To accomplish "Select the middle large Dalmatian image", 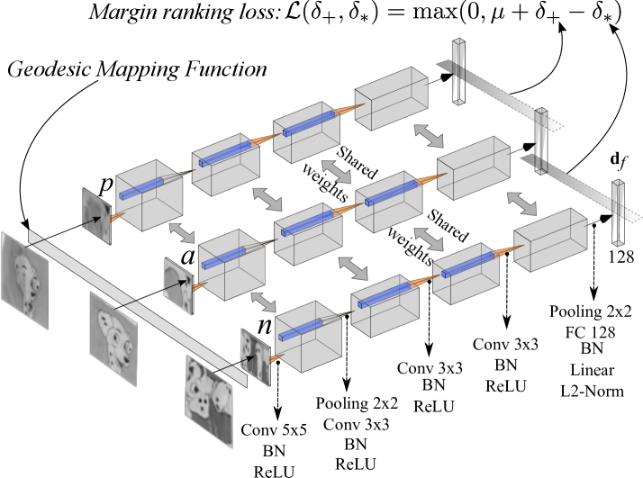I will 113,338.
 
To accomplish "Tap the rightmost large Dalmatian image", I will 208,401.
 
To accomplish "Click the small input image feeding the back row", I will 95,216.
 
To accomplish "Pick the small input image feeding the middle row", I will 177,286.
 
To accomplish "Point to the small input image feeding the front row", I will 254,356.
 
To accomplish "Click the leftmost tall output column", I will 458,72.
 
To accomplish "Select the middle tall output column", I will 540,141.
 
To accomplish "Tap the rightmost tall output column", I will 617,213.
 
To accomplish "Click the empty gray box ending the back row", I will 391,98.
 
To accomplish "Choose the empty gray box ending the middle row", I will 473,168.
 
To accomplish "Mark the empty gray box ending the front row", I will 550,239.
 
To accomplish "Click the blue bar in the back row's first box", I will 141,189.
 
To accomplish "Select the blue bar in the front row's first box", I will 300,330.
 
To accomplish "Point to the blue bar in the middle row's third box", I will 391,193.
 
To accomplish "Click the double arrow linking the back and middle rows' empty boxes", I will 429,136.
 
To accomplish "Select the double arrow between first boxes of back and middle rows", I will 182,233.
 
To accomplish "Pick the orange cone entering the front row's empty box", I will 507,250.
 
